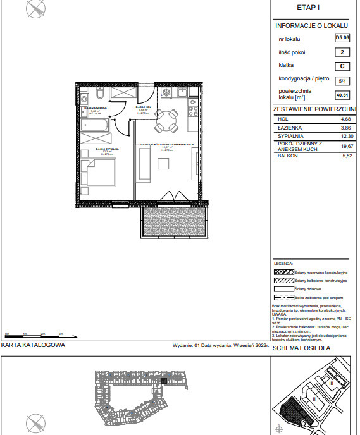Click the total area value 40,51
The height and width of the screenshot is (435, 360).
[342, 95]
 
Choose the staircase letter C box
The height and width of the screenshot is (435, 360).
[341, 66]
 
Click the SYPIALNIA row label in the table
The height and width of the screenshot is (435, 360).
[290, 135]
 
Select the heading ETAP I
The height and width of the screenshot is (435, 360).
[309, 8]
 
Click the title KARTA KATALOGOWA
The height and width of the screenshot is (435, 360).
[33, 346]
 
